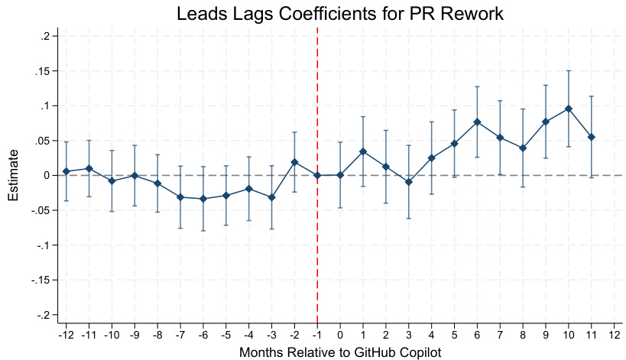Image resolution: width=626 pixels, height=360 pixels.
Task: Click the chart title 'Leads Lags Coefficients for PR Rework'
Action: (x=340, y=14)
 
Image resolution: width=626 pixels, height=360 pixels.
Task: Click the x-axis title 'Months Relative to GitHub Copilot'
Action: (x=340, y=352)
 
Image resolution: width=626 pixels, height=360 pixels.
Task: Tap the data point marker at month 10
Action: (x=568, y=109)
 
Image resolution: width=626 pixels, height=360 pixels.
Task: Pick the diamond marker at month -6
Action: (x=203, y=199)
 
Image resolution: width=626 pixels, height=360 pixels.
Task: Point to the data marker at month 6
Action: (x=476, y=122)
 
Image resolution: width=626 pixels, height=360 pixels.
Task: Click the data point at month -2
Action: (x=294, y=162)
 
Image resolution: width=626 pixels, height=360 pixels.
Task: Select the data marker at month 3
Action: (x=408, y=182)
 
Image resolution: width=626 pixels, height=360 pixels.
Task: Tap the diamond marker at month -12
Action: (x=66, y=171)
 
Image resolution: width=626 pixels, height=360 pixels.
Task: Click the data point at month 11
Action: (x=591, y=137)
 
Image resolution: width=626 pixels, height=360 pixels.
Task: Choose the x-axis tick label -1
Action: (x=317, y=335)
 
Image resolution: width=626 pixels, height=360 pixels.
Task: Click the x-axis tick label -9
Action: (x=135, y=335)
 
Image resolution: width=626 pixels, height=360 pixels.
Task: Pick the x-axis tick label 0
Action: (x=340, y=335)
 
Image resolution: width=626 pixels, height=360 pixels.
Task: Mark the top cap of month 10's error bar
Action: (x=568, y=71)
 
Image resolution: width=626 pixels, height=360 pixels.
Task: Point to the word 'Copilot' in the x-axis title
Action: (x=420, y=352)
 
